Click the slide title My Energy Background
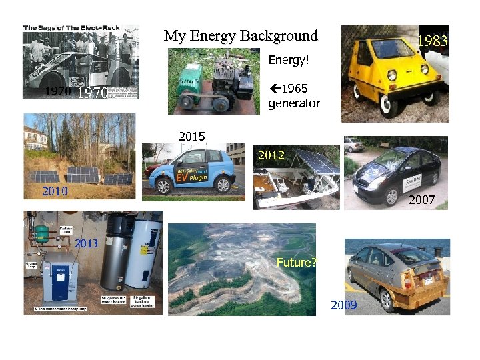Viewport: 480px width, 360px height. pyautogui.click(x=241, y=36)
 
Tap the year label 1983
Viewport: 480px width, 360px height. pyautogui.click(x=432, y=41)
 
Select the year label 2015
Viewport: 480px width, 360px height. pyautogui.click(x=192, y=137)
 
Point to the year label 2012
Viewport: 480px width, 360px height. pyautogui.click(x=271, y=155)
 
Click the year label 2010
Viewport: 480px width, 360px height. pyautogui.click(x=55, y=191)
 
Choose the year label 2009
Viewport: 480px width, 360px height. pyautogui.click(x=344, y=305)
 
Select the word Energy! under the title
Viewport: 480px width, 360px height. pyautogui.click(x=289, y=60)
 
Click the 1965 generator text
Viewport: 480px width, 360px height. pyautogui.click(x=293, y=96)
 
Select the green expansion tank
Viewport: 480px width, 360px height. pyautogui.click(x=42, y=233)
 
